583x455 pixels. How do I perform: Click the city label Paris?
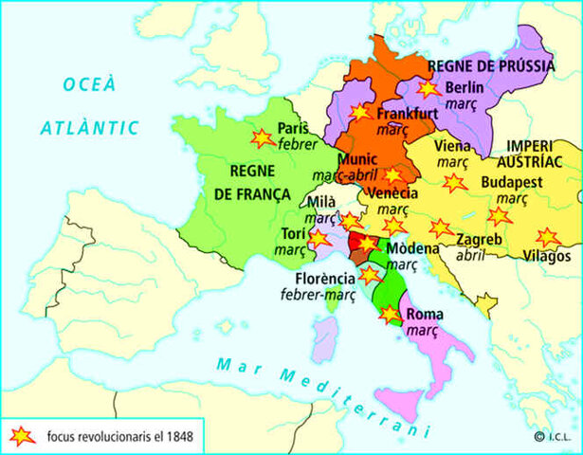coord(293,128)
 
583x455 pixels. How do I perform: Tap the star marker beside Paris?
coord(262,138)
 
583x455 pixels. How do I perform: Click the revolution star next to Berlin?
coord(428,88)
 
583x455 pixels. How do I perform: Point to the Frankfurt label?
coord(407,113)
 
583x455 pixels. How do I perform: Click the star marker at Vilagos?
coord(547,237)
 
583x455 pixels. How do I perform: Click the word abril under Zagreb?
coord(470,254)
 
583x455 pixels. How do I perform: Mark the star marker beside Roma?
coord(389,314)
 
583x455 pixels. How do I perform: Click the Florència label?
coord(323,279)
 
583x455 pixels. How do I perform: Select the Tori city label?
coord(293,234)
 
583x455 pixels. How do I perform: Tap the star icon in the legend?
coord(20,436)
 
